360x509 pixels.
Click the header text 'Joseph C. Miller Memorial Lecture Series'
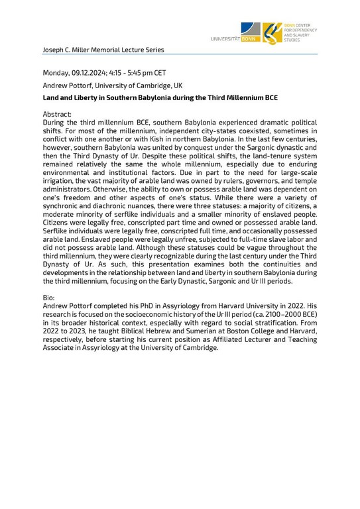[103, 50]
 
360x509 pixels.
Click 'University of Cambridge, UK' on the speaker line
[141, 85]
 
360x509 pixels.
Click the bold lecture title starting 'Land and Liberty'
[160, 98]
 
